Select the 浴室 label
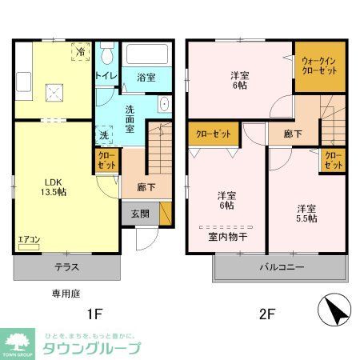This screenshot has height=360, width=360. (146, 77)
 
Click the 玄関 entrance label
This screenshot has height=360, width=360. (140, 213)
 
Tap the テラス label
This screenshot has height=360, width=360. (67, 268)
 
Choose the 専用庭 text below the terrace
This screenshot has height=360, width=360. (66, 294)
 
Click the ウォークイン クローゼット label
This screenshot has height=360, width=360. (318, 65)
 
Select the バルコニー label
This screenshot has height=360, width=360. (280, 268)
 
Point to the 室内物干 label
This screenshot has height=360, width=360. (226, 236)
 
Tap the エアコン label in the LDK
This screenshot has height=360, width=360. (29, 238)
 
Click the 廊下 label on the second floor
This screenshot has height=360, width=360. (293, 134)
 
